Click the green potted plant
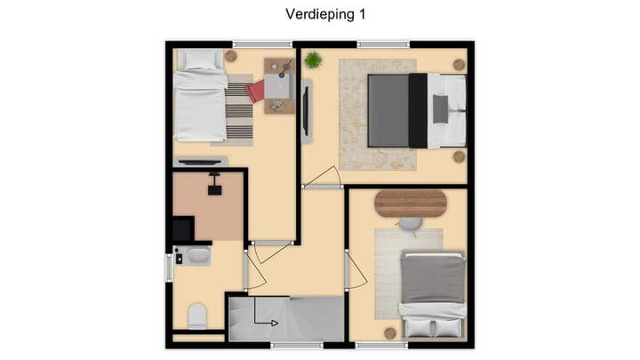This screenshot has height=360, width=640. (313, 60)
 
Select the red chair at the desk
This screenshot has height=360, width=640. (257, 91)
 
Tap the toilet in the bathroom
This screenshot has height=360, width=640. (197, 316)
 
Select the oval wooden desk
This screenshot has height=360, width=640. (410, 204)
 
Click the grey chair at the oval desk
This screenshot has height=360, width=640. (410, 224)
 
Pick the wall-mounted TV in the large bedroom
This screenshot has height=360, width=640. (306, 110)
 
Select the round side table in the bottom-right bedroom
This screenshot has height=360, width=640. (389, 332)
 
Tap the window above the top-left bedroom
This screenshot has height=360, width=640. (261, 43)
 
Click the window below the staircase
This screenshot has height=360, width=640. (297, 345)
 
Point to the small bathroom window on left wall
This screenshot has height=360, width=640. (167, 268)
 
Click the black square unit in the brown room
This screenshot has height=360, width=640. (181, 229)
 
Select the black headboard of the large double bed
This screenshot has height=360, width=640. (417, 110)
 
